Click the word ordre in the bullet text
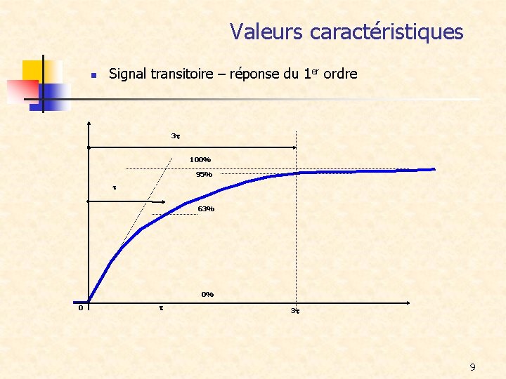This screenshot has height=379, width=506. (x=339, y=74)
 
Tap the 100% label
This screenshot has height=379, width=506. (x=200, y=159)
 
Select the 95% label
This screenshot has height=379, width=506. (x=204, y=175)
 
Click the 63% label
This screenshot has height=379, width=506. (x=206, y=209)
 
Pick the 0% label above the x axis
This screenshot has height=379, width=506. (x=207, y=295)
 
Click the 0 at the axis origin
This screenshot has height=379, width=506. (x=81, y=307)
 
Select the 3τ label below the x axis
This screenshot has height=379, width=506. (x=295, y=310)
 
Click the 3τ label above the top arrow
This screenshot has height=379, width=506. (x=176, y=135)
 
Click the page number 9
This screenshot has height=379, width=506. (x=472, y=367)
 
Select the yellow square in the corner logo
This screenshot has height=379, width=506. (x=33, y=70)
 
